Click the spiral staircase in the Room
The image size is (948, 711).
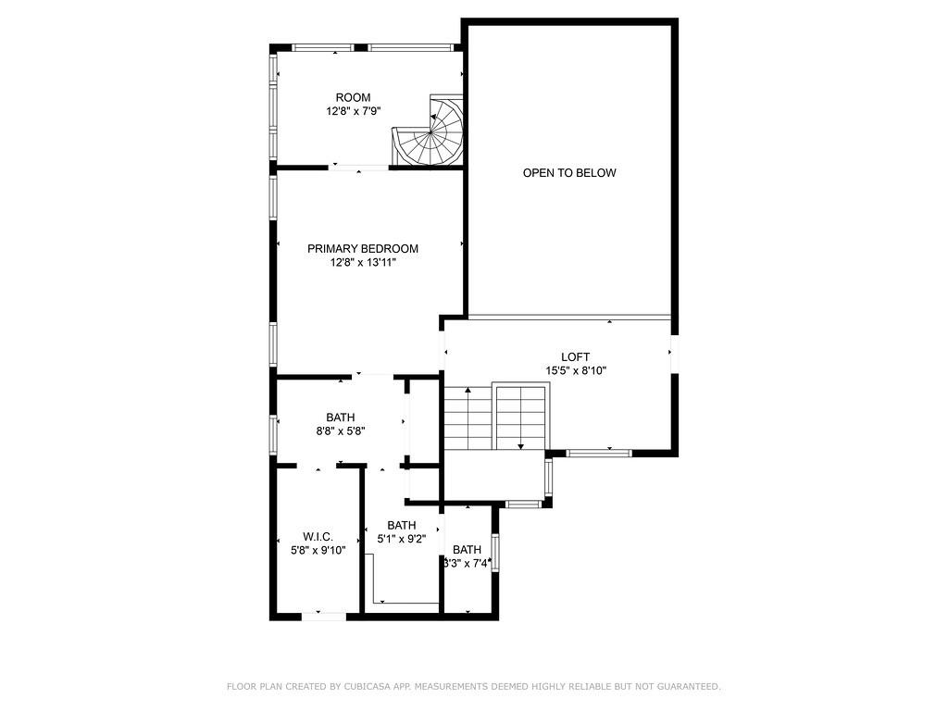click(x=430, y=135)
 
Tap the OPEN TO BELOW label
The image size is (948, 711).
click(x=568, y=173)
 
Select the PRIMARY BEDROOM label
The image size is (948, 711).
click(x=363, y=249)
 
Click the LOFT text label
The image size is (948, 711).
click(x=575, y=357)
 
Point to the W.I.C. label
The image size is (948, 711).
click(x=318, y=537)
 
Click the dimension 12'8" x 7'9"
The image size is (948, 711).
click(x=354, y=111)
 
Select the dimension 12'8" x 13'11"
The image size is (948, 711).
click(x=363, y=263)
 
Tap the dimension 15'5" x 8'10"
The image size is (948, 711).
click(x=575, y=371)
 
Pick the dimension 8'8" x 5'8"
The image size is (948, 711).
click(x=340, y=431)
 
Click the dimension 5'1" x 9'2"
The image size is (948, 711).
click(x=401, y=539)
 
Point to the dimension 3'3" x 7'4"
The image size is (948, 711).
click(x=468, y=563)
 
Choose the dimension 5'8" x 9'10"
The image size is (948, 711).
click(x=318, y=550)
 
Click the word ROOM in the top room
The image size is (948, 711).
click(x=353, y=97)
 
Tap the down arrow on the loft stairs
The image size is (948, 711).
click(x=520, y=446)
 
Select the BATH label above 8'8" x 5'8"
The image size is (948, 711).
click(x=340, y=418)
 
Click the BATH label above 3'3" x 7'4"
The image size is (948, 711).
click(x=467, y=549)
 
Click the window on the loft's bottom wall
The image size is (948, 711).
click(x=598, y=453)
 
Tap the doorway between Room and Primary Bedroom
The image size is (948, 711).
click(x=359, y=168)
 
